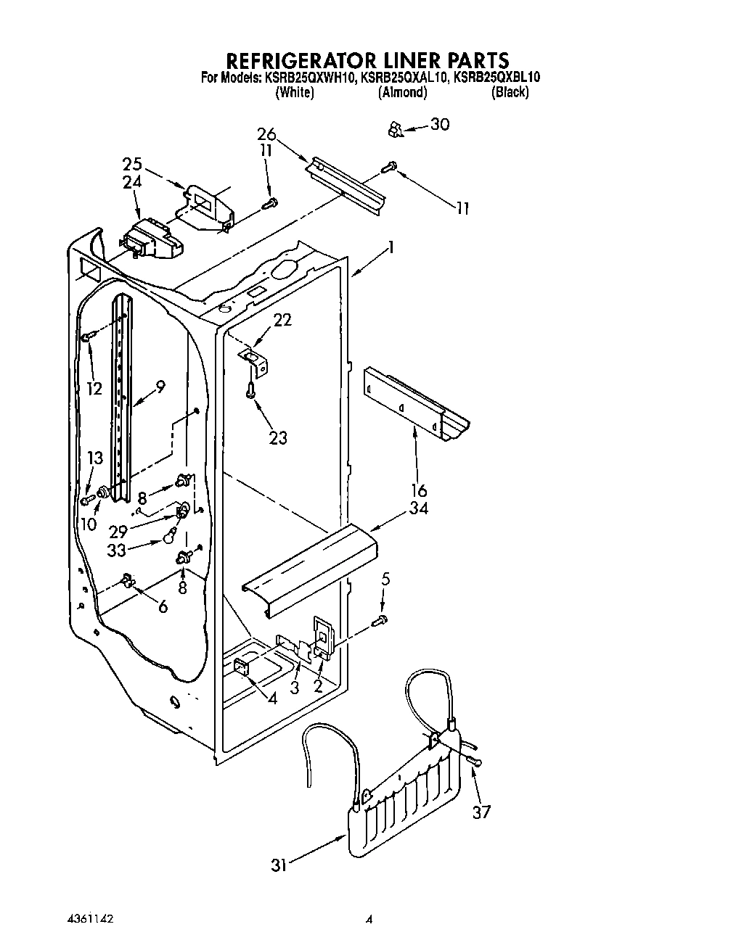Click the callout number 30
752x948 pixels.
coord(440,124)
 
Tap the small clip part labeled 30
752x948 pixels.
coord(396,129)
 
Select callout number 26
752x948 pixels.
coord(266,134)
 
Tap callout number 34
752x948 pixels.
coord(418,508)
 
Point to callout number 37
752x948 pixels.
coord(481,811)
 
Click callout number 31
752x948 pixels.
coord(279,865)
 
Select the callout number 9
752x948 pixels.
coord(160,387)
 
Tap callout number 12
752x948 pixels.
coord(94,388)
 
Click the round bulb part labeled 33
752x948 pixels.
coord(170,537)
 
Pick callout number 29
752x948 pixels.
coord(118,532)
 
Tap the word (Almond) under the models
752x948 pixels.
coord(402,92)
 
